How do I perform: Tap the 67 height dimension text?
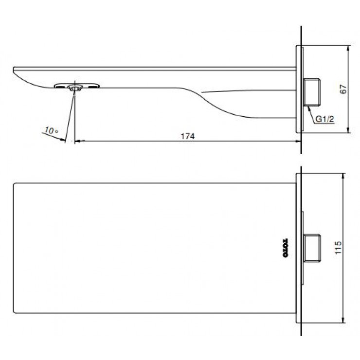click(343, 89)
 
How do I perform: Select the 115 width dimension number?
click(339, 249)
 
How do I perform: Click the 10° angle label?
click(50, 131)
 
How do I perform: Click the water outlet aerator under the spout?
click(75, 87)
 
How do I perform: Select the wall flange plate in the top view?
click(299, 248)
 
